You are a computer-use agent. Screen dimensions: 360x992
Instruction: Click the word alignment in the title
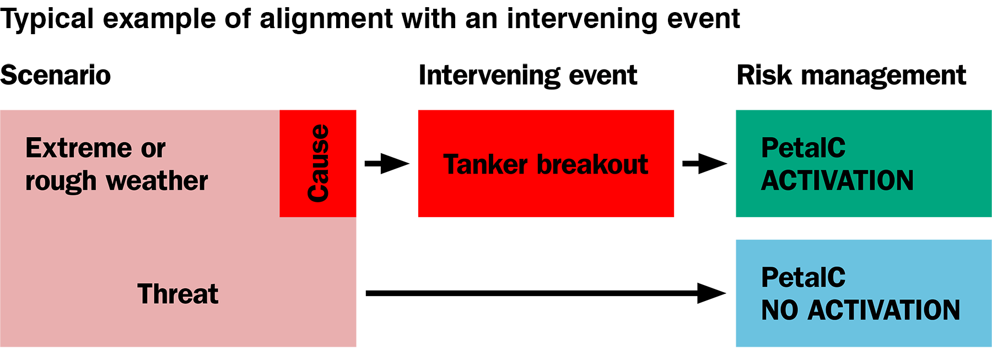[x=326, y=19]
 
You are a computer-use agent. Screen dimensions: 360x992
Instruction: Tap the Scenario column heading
[x=55, y=76]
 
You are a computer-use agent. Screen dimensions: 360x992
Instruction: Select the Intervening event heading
[x=527, y=76]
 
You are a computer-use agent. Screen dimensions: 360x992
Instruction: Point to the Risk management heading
[x=851, y=76]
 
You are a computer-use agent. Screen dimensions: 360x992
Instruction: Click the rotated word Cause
[x=318, y=163]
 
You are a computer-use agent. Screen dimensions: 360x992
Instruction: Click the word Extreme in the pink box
[x=78, y=148]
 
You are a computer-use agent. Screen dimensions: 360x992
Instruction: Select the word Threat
[x=177, y=294]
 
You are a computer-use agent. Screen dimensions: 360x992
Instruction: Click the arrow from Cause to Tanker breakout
[x=386, y=164]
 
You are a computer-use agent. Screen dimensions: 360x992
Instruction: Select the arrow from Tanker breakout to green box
[x=704, y=164]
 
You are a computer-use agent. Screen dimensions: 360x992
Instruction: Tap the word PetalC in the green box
[x=803, y=148]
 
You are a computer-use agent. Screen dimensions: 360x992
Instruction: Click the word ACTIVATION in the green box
[x=837, y=181]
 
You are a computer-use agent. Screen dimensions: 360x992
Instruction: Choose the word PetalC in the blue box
[x=803, y=277]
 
